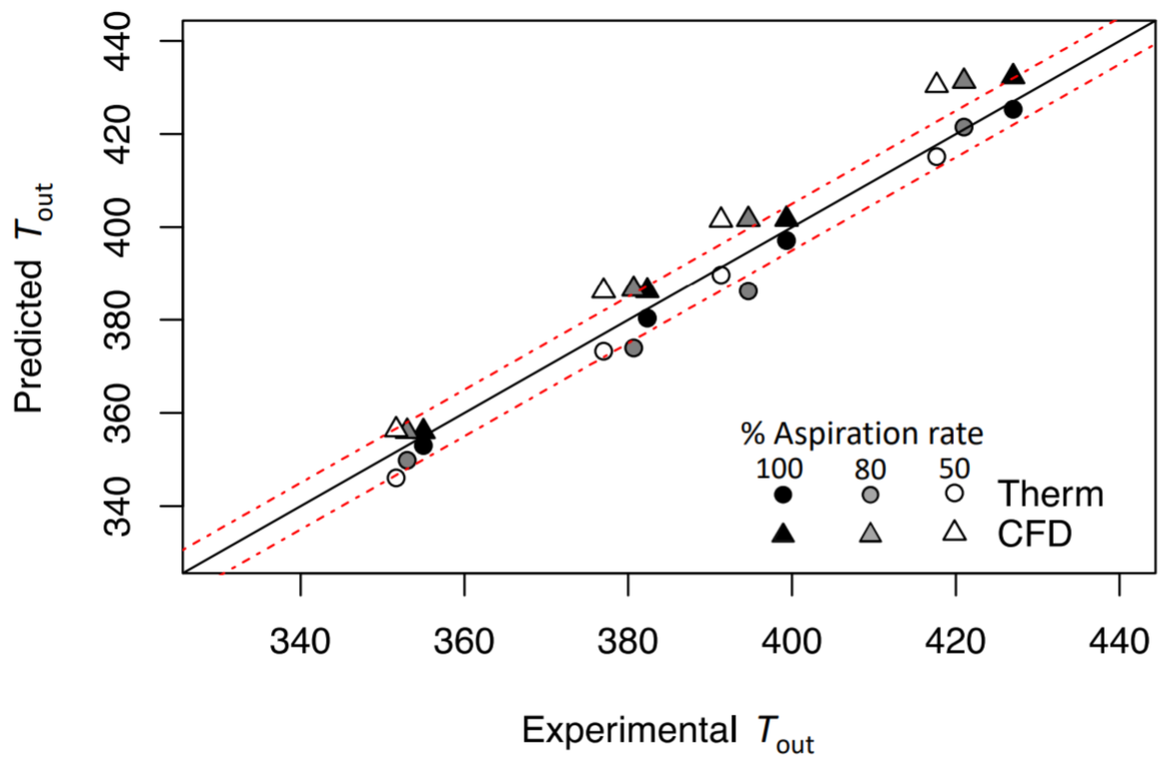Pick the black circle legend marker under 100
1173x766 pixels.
782,495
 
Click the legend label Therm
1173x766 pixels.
1050,495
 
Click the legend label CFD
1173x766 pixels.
1035,534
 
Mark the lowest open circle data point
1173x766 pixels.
396,478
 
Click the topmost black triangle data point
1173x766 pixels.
1013,75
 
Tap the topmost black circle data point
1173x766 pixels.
1013,109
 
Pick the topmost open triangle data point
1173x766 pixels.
936,84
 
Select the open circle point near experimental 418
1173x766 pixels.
936,157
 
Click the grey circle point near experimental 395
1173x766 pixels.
748,291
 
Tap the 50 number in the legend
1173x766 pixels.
954,468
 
